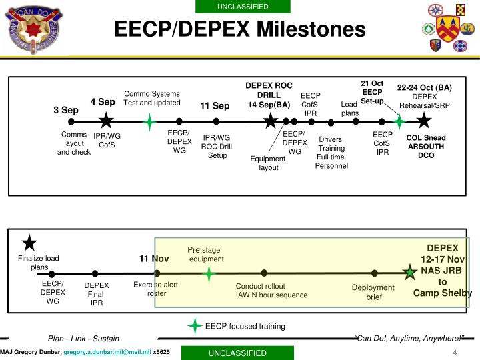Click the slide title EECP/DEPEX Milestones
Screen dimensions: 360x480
pyautogui.click(x=240, y=30)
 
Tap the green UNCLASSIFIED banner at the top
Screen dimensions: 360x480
pyautogui.click(x=243, y=7)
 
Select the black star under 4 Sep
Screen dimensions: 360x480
pyautogui.click(x=105, y=121)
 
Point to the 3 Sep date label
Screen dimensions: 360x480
pyautogui.click(x=66, y=110)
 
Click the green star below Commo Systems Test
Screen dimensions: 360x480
pyautogui.click(x=151, y=121)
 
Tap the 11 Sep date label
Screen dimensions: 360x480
pyautogui.click(x=215, y=106)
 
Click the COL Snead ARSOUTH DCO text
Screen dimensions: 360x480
pyautogui.click(x=426, y=147)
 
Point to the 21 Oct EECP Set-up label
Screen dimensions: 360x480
pyautogui.click(x=372, y=92)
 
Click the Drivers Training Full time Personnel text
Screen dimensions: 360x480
pyautogui.click(x=331, y=152)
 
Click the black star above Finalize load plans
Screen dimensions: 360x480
pyautogui.click(x=29, y=243)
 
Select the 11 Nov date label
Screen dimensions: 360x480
pyautogui.click(x=154, y=259)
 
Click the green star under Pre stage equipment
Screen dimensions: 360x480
pyautogui.click(x=209, y=273)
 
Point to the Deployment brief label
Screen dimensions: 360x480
pyautogui.click(x=373, y=292)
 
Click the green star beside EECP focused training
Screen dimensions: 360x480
pyautogui.click(x=195, y=326)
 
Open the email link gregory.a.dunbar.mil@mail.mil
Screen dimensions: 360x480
pyautogui.click(x=107, y=351)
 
